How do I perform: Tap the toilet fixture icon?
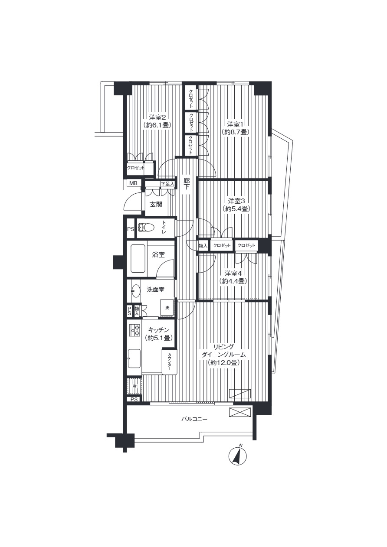click(x=145, y=228)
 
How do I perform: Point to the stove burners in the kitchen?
click(x=134, y=331)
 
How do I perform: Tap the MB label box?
click(x=133, y=183)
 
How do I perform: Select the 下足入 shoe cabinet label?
click(x=167, y=184)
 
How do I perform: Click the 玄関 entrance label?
click(x=156, y=204)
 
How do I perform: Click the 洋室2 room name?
click(x=157, y=117)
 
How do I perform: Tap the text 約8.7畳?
click(x=236, y=132)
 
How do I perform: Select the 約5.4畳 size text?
click(x=236, y=209)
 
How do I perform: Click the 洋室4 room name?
click(x=233, y=273)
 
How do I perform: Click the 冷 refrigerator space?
click(x=134, y=386)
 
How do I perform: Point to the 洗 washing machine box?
click(x=167, y=308)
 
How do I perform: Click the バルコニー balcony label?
click(x=194, y=419)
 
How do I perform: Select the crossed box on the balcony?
click(x=240, y=412)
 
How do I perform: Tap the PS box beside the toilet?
click(x=131, y=229)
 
